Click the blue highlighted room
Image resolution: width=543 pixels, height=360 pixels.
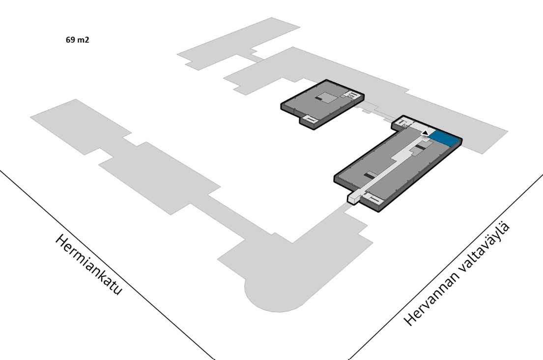click(x=444, y=139)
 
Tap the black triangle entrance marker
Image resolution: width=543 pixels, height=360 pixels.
click(x=425, y=132)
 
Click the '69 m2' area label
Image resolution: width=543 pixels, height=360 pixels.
click(x=77, y=40)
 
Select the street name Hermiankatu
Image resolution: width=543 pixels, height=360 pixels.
click(x=88, y=265)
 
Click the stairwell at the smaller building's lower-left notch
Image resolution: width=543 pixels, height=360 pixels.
click(x=309, y=120)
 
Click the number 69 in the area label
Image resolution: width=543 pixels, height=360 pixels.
click(x=70, y=40)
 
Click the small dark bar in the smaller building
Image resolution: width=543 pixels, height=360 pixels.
click(x=318, y=99)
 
